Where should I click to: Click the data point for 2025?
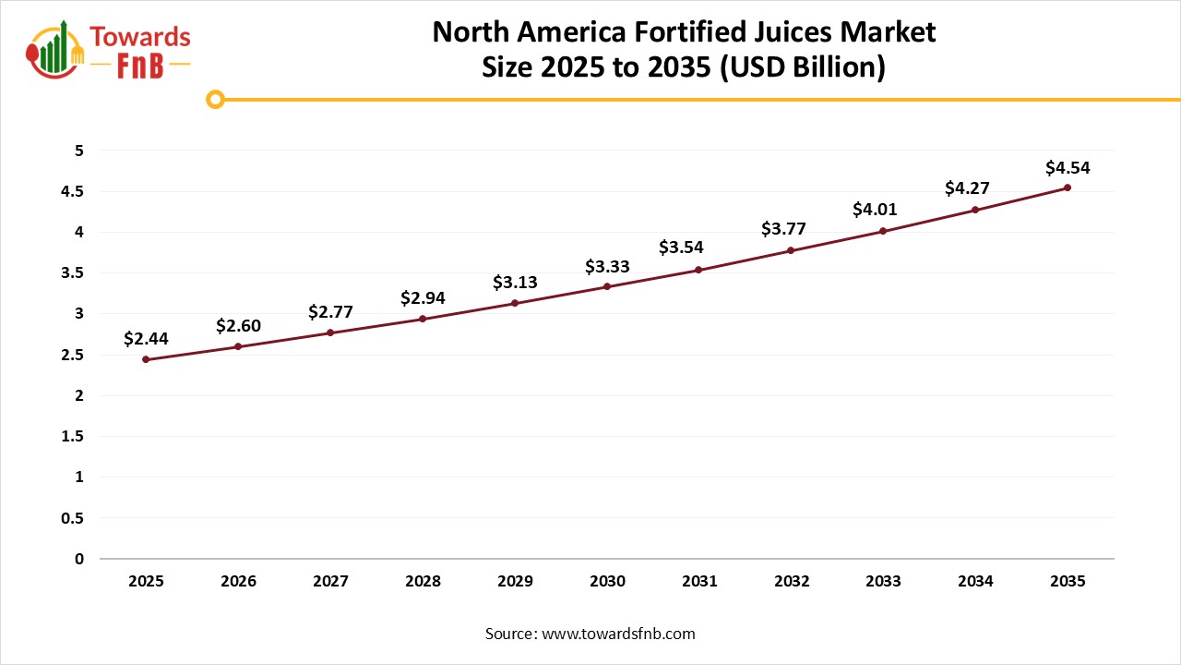(x=146, y=359)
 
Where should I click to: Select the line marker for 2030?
(x=607, y=286)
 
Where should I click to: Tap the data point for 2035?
(x=1068, y=187)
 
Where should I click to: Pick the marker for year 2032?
(x=791, y=250)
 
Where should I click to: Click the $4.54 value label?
(x=1068, y=168)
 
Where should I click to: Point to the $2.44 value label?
(x=146, y=339)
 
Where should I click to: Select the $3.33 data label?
(x=607, y=267)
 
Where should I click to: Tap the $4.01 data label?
(x=875, y=210)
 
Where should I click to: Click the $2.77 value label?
(x=330, y=312)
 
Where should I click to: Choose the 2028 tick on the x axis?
(x=423, y=582)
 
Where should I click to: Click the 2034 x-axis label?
(x=975, y=582)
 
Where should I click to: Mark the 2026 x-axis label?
(x=238, y=582)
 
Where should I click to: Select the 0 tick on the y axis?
(x=79, y=559)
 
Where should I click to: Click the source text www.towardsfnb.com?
(x=618, y=634)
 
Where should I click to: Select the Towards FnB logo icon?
(x=54, y=48)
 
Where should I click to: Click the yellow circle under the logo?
(x=215, y=99)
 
